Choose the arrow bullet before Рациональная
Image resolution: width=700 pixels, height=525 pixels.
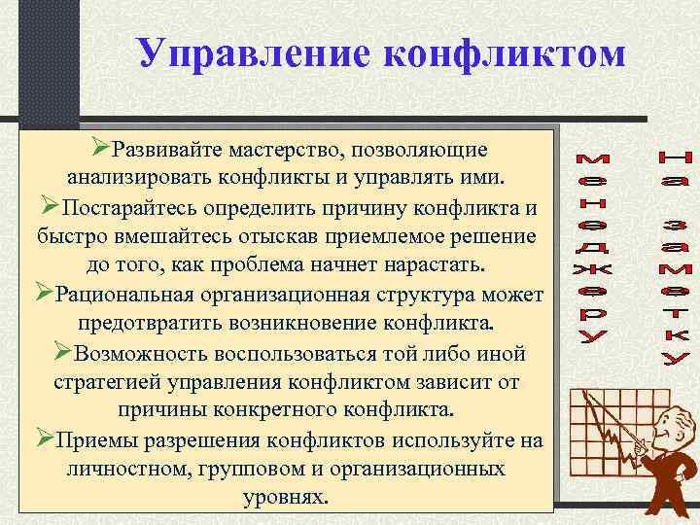tap(44, 294)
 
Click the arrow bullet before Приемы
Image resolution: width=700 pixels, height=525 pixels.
tap(44, 437)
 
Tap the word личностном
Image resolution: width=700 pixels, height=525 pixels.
tap(127, 467)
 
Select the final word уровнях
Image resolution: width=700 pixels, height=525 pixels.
tap(288, 496)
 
